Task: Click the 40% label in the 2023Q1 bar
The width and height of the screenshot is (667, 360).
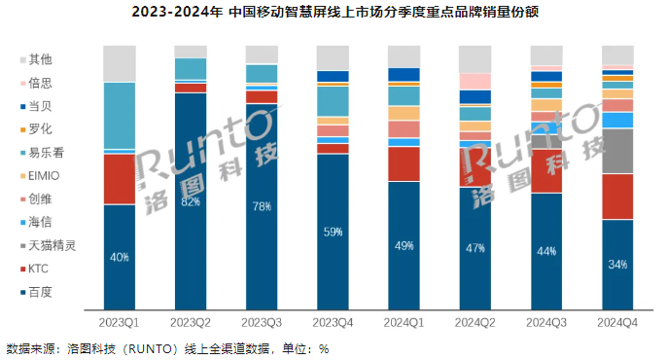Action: (119, 257)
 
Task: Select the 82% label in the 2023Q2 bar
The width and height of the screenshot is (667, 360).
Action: (191, 202)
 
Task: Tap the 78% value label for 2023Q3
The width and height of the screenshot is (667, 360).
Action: (262, 206)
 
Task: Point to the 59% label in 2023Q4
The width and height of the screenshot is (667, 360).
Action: (333, 232)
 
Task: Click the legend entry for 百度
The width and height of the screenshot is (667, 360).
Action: (40, 292)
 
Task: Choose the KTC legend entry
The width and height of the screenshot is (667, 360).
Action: (40, 269)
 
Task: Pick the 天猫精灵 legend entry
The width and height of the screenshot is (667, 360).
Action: (46, 245)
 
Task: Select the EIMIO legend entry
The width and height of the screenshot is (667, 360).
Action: (43, 175)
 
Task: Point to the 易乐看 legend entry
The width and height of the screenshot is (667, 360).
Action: (43, 152)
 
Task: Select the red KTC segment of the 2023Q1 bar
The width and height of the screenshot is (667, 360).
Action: (119, 179)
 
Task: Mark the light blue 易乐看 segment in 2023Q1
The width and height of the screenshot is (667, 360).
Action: (119, 115)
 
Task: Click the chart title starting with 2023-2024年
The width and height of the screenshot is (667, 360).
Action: (333, 13)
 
